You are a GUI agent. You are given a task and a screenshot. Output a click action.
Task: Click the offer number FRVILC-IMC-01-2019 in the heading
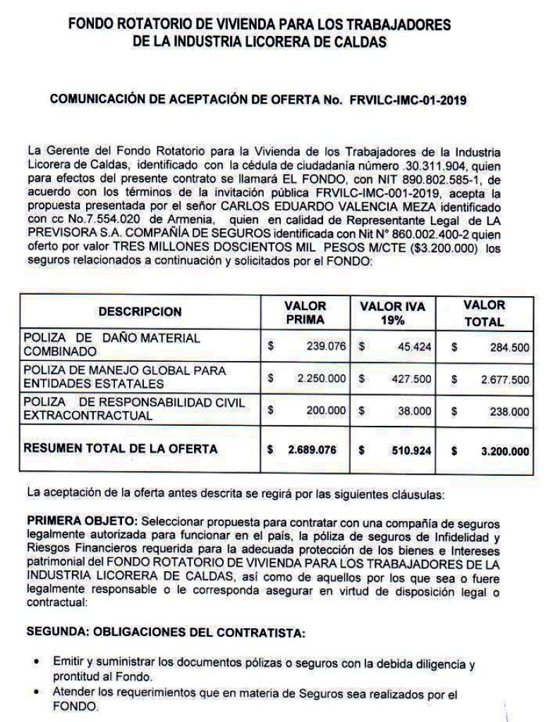407,100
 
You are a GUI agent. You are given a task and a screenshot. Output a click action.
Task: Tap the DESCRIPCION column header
140,312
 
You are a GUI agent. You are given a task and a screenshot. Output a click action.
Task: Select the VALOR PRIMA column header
305,313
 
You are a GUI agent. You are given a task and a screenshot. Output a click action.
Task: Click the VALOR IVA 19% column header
392,313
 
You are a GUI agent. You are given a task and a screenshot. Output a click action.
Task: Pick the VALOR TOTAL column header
484,313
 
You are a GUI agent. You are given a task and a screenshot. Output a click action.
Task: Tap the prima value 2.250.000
322,379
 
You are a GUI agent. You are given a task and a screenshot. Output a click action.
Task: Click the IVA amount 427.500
412,379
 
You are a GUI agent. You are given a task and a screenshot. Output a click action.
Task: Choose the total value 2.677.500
504,379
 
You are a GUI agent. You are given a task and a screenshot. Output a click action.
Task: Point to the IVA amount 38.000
415,410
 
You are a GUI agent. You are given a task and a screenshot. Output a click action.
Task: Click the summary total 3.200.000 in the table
504,451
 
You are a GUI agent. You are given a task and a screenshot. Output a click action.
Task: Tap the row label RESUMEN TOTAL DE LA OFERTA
121,448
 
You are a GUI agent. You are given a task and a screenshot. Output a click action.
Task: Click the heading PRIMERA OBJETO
82,521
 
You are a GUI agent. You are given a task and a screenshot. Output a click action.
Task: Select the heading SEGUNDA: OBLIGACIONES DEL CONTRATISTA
166,632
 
